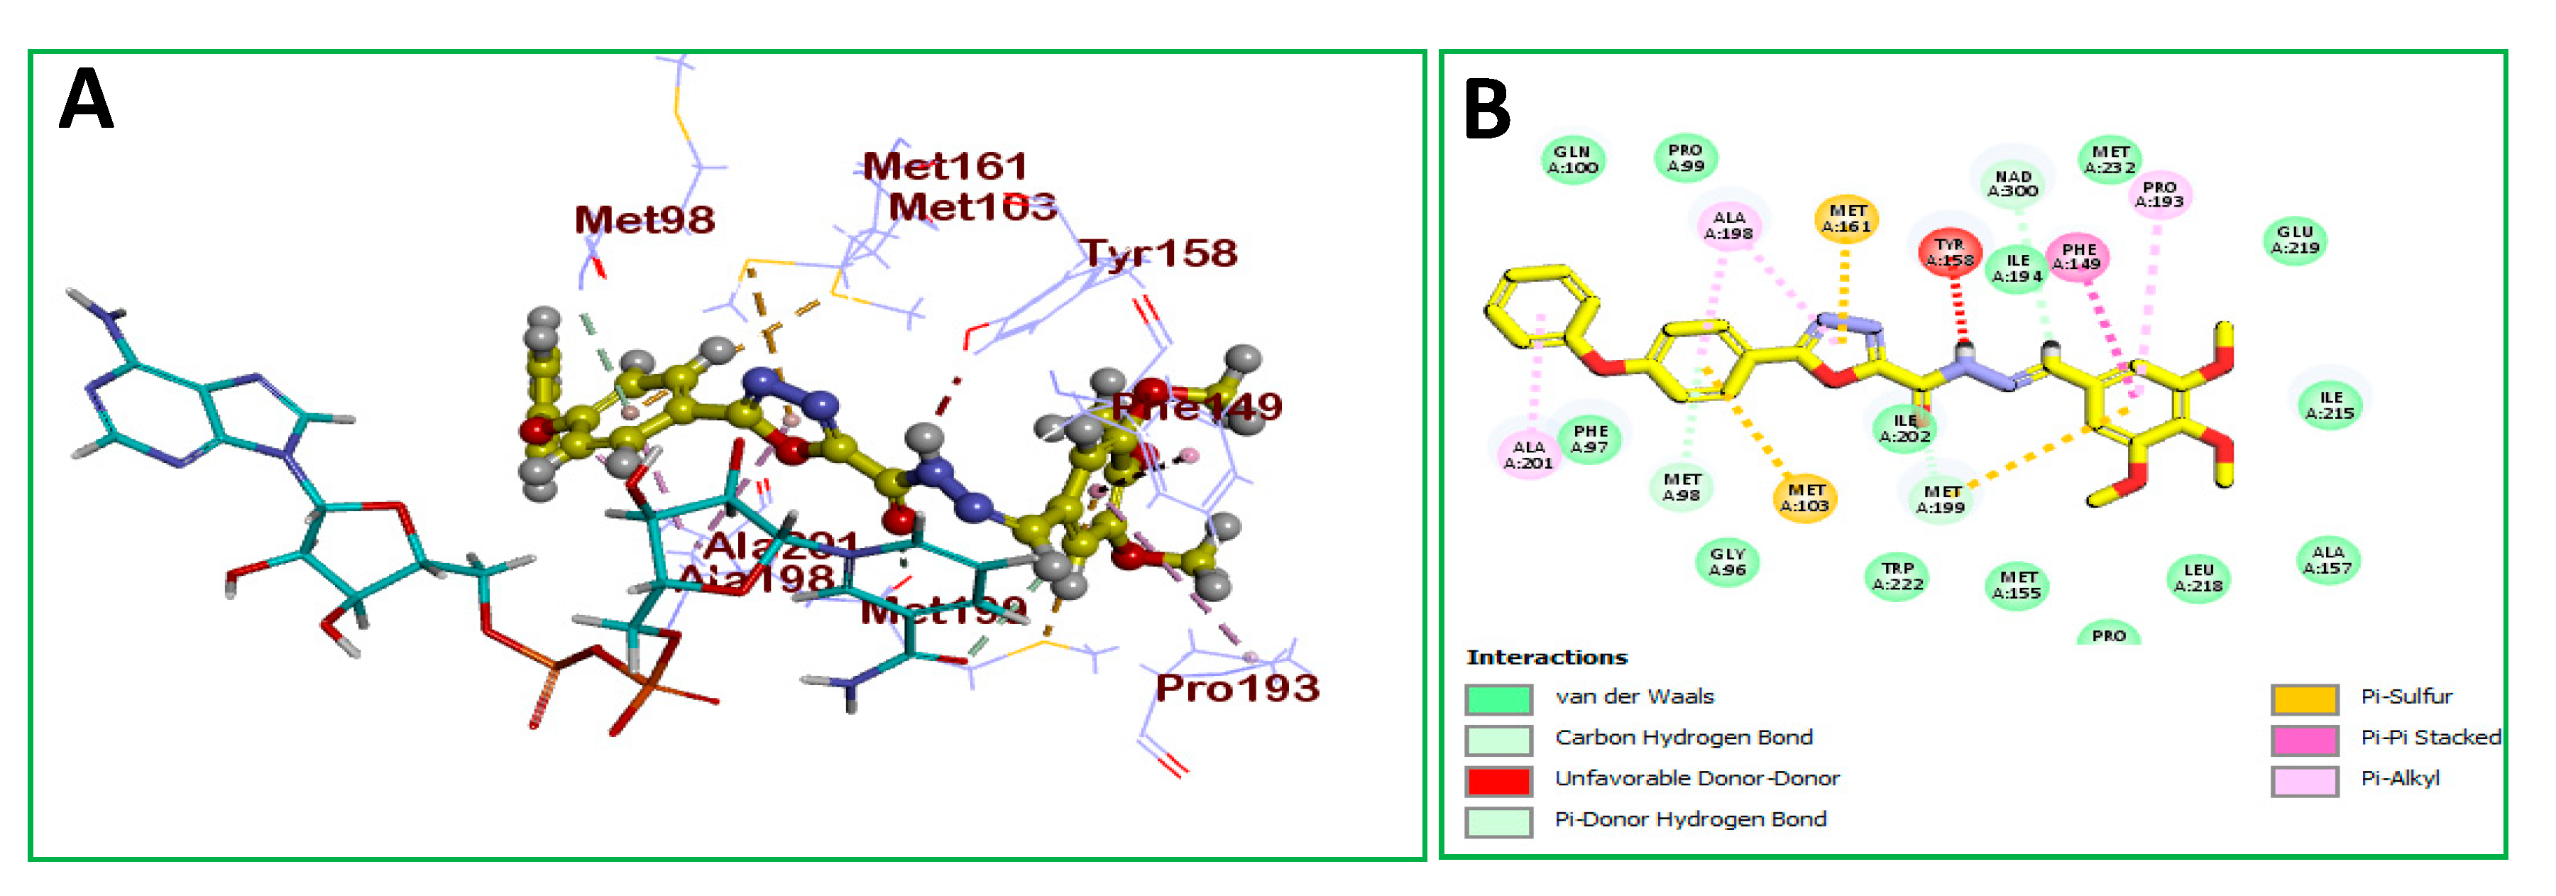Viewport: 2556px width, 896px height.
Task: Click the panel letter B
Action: (x=1486, y=109)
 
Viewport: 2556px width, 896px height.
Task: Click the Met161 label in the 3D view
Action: (x=945, y=165)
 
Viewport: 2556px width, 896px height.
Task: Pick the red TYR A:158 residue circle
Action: (x=1950, y=252)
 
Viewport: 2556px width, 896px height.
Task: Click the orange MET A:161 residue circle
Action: (x=1846, y=218)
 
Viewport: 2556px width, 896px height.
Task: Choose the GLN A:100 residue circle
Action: (x=1573, y=159)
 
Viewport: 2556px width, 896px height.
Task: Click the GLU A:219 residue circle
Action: (x=2295, y=239)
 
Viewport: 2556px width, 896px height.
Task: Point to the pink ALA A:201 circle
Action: (x=1528, y=454)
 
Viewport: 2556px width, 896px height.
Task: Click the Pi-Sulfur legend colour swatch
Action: (x=2304, y=699)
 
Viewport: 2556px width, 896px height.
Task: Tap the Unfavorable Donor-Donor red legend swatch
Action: (x=1498, y=780)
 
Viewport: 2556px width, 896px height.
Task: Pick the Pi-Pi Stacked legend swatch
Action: (x=2304, y=739)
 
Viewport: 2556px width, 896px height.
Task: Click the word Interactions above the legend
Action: (x=1546, y=657)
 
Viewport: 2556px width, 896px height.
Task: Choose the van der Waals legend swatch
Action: (x=1498, y=699)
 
